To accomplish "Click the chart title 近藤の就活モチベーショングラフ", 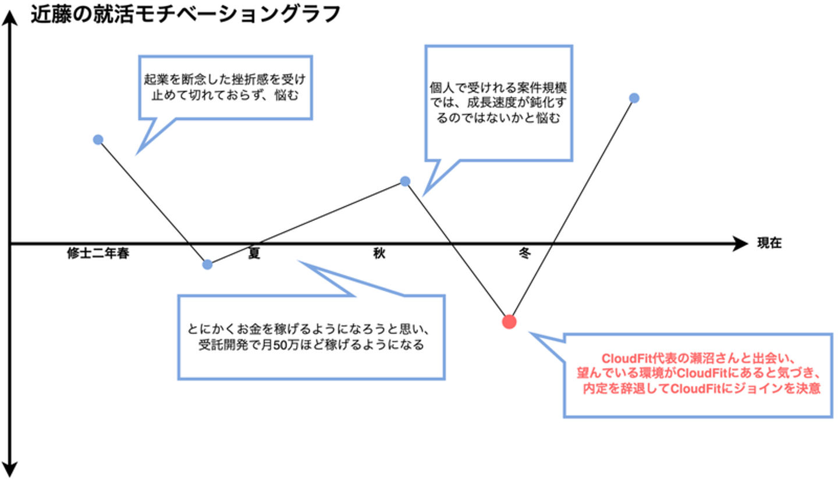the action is point(186,15).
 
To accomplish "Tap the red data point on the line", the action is point(509,322).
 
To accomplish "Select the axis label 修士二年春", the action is point(98,253).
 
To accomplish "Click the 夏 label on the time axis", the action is point(254,253).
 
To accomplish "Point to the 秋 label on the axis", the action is point(379,253).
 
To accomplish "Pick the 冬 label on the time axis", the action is point(524,253).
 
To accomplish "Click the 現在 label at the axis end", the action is point(769,243).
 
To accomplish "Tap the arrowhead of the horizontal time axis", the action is point(740,244).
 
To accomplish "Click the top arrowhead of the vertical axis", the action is point(10,18).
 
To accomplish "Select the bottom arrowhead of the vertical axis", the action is point(10,470).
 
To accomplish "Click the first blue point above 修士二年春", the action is point(98,140).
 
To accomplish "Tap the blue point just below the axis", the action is point(207,265).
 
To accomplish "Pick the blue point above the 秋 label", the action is point(405,181).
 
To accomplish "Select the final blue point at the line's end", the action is point(634,98).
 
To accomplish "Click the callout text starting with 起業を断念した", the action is point(225,87).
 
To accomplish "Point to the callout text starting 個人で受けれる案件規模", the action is point(498,103).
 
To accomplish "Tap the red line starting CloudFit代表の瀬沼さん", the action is point(698,359).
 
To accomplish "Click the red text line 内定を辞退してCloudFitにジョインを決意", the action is point(702,389).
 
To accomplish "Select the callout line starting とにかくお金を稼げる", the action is point(308,329).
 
